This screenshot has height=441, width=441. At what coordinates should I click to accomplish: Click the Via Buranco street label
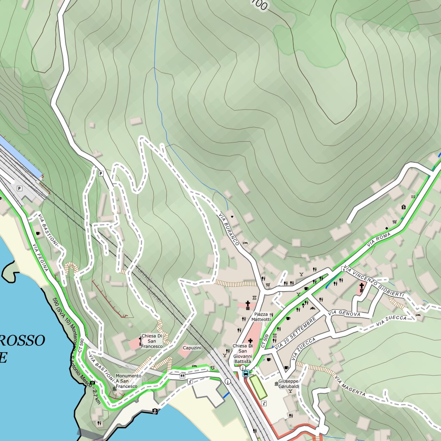(x=228, y=229)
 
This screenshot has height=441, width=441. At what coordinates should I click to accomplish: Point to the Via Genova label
(x=344, y=314)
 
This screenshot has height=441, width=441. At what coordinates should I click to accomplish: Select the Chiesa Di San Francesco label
(x=152, y=341)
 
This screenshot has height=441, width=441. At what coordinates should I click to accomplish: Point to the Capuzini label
(x=192, y=348)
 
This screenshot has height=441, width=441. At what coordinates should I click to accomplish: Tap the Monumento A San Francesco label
(x=128, y=381)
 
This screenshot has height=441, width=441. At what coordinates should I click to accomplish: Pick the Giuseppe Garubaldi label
(x=288, y=384)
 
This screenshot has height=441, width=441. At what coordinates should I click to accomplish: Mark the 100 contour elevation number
(x=259, y=4)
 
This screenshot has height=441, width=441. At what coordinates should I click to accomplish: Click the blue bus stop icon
(x=245, y=373)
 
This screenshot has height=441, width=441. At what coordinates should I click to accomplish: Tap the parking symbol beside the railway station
(x=19, y=189)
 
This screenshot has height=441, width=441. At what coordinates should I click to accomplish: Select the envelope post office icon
(x=413, y=196)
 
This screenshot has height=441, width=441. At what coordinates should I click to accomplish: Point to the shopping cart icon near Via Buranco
(x=268, y=284)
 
